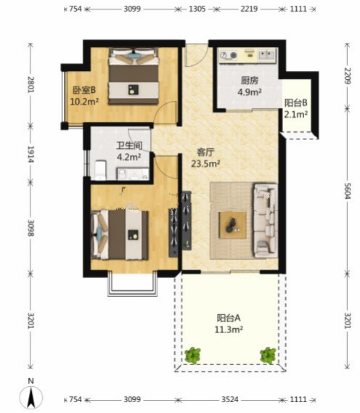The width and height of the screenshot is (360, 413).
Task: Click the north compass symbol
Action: coord(31,394)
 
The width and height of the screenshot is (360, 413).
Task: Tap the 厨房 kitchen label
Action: coord(250,81)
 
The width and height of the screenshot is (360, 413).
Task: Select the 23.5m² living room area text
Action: coord(205,164)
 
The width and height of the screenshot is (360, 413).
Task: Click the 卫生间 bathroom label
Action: coord(129,145)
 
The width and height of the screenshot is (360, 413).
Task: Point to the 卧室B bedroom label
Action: coord(84,90)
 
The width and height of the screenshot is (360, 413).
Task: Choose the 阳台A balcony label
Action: coord(229,318)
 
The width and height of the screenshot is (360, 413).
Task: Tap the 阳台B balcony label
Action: coord(295,103)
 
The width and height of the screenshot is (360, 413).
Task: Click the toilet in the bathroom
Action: coord(100,170)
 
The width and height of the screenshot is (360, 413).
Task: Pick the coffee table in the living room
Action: coord(233,225)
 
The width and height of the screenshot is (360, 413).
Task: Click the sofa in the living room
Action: coord(266,221)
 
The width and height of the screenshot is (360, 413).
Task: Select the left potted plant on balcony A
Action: coord(193,356)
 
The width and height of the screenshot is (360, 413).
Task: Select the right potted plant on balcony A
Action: coord(268,356)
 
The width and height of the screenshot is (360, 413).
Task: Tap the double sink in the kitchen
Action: coord(267,55)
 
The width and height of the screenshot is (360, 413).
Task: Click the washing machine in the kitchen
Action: coord(228,55)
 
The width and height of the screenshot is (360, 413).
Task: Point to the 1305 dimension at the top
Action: coord(197,9)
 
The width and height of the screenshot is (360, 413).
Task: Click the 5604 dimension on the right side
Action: coord(348,191)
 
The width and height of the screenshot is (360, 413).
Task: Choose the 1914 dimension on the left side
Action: coord(30,154)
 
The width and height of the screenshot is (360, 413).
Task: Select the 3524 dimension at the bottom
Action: coord(229,399)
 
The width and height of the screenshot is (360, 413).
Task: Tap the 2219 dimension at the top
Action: coord(249,9)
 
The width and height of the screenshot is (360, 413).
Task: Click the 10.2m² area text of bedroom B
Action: coord(84,102)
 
